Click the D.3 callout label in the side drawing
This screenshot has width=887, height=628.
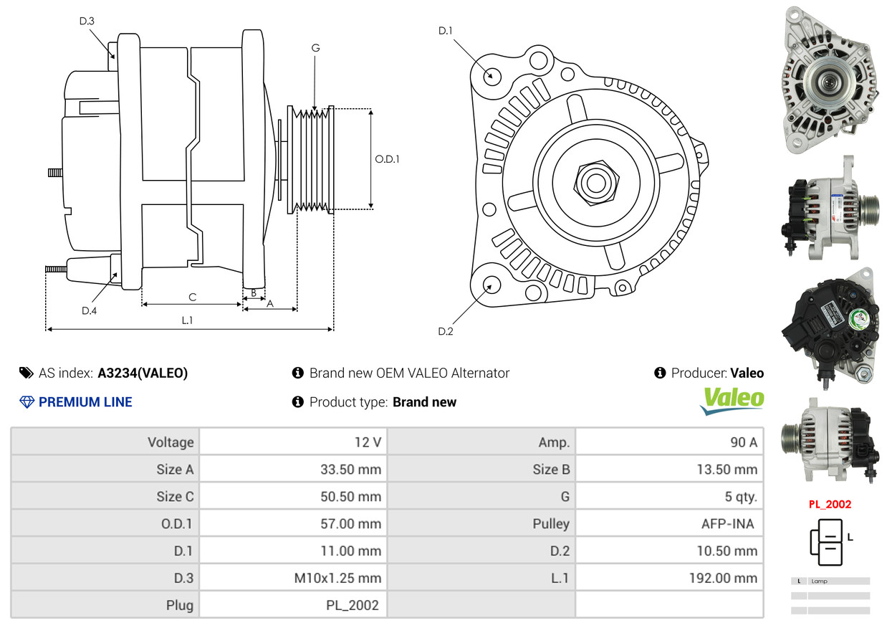(87, 21)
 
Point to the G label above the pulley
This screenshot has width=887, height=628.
(315, 48)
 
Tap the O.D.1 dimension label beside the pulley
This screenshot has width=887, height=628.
(387, 159)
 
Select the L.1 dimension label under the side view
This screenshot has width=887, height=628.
(187, 320)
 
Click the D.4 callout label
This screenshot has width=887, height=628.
(89, 310)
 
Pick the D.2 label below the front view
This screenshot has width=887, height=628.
(446, 331)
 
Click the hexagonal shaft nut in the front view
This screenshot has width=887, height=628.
(596, 183)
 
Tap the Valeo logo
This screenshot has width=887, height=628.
(732, 401)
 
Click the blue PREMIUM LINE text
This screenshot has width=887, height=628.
(85, 401)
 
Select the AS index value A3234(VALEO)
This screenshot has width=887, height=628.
(143, 373)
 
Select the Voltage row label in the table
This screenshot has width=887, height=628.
(171, 442)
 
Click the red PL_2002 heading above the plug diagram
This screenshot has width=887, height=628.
(830, 504)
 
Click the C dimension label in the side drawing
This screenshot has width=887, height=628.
(193, 298)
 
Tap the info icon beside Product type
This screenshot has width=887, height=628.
(298, 401)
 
